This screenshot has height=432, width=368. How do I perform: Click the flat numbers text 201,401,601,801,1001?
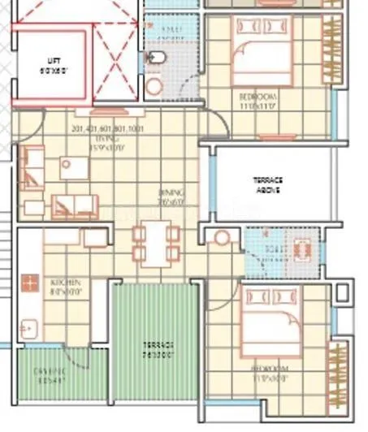click(x=107, y=129)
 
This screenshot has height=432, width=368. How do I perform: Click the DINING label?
click(x=171, y=197)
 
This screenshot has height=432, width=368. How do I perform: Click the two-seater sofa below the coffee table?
click(x=74, y=206)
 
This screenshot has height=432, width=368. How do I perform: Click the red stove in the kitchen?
click(x=31, y=283)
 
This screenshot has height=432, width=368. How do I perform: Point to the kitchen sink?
click(x=30, y=328)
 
